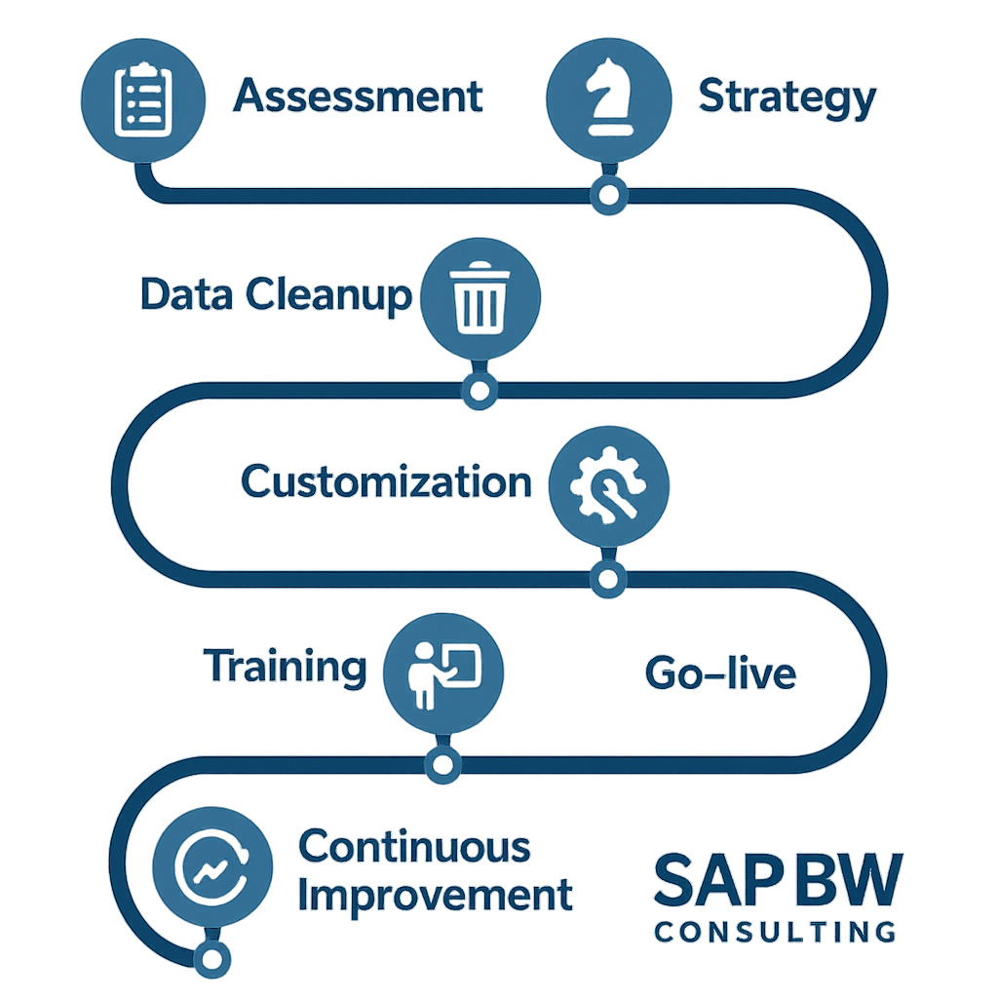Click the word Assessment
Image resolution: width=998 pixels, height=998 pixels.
point(359,96)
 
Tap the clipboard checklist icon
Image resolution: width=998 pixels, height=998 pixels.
point(143,98)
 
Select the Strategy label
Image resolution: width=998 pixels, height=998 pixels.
point(787,98)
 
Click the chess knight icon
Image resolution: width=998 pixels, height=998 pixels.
point(607,98)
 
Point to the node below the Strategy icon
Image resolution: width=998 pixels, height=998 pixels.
point(608,196)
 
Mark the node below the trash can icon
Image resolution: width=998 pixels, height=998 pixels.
point(478,391)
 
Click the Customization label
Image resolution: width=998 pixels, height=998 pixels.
point(386,482)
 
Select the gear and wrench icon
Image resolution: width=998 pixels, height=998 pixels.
point(608,484)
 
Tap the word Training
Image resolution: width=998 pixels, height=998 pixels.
point(286,669)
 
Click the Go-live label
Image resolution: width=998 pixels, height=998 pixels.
point(720,673)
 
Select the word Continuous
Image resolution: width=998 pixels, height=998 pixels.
point(414,846)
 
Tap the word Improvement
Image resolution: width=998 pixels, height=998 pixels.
point(435,895)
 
